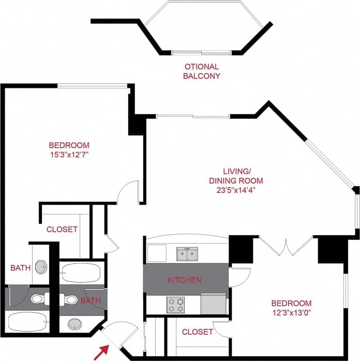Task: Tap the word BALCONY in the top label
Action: [x=202, y=76]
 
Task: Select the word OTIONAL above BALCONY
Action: [x=202, y=67]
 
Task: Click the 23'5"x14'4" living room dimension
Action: [x=235, y=190]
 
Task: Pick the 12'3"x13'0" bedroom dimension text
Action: [x=292, y=312]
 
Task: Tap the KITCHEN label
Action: [x=184, y=280]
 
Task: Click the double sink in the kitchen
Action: [x=187, y=254]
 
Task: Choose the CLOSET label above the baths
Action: [x=62, y=229]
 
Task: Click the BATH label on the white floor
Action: [x=21, y=268]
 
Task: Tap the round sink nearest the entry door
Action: [x=76, y=324]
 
